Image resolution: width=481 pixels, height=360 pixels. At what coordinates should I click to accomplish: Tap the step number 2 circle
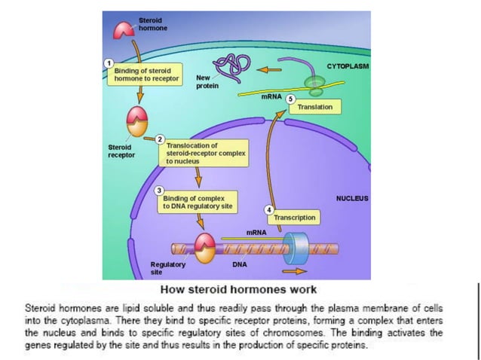[x=160, y=139]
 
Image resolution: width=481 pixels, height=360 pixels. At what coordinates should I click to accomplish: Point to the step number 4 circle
[x=269, y=208]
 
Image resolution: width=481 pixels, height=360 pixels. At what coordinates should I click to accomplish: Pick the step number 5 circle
[x=291, y=98]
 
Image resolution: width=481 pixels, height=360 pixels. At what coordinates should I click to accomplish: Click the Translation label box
[x=314, y=108]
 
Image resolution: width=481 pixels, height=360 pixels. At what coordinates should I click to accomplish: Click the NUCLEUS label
[x=351, y=198]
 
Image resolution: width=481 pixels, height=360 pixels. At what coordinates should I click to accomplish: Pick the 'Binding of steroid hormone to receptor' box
[x=143, y=74]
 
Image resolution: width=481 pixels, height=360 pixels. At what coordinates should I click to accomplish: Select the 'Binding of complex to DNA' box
[x=195, y=202]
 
